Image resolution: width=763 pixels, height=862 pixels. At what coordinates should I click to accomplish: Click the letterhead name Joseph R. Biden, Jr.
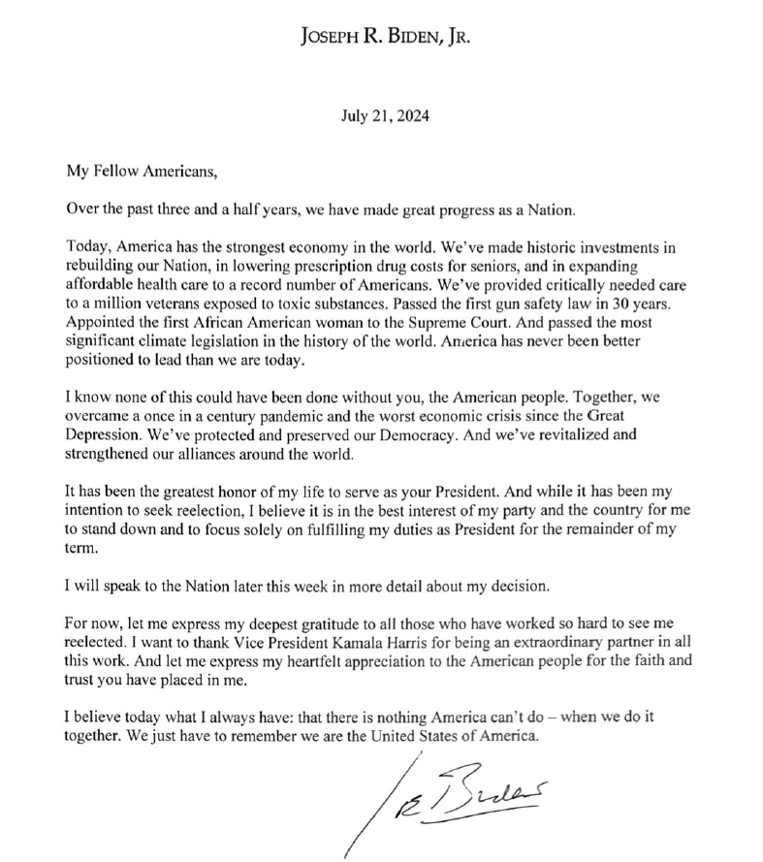384,38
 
